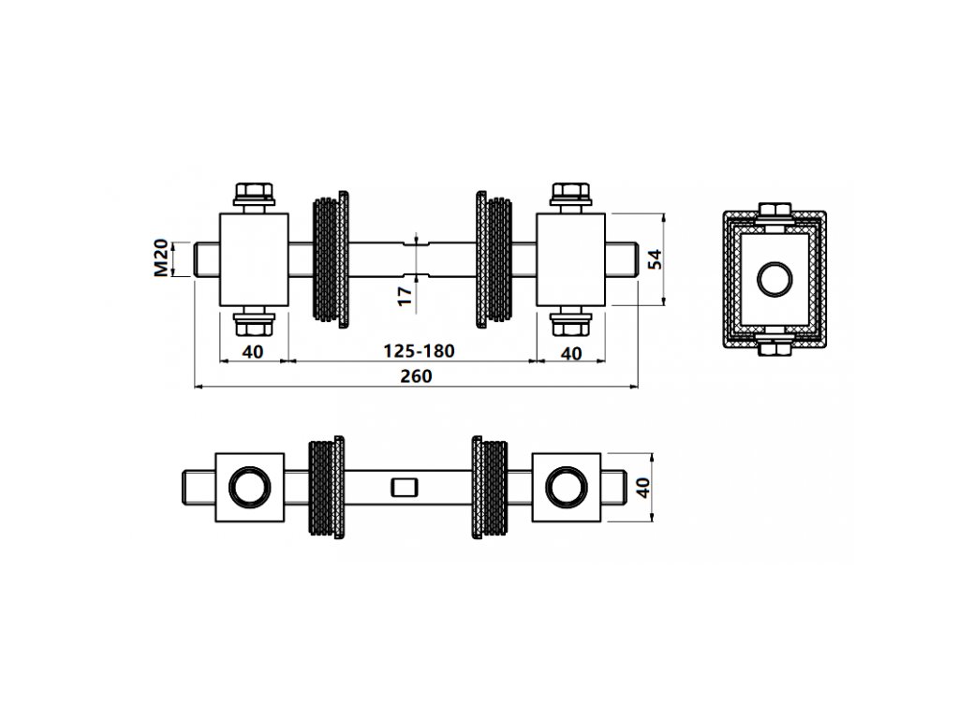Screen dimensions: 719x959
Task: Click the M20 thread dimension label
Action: click(161, 257)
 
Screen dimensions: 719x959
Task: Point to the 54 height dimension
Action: click(656, 258)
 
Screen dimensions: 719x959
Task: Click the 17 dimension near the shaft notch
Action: click(406, 296)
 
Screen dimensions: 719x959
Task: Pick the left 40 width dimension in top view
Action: click(253, 352)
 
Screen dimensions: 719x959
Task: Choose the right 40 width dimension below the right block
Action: click(570, 353)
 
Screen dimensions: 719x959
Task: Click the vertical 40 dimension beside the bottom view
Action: click(642, 487)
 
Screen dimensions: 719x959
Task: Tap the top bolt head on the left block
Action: click(253, 195)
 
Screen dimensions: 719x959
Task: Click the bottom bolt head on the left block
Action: click(253, 324)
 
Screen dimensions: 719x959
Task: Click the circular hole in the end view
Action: click(774, 278)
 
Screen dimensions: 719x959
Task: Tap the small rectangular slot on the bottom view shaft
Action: click(405, 487)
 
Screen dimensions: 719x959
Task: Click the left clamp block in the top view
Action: click(253, 259)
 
